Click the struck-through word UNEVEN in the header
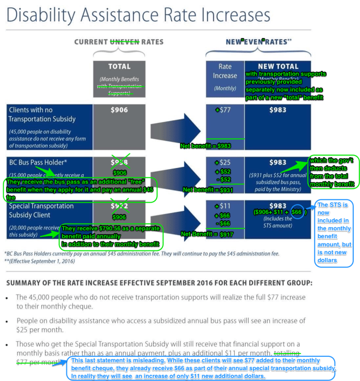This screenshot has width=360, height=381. click(125, 42)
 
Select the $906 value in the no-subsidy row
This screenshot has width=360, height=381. click(119, 110)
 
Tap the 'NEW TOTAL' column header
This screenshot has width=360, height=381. click(278, 66)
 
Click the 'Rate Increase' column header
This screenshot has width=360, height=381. click(225, 71)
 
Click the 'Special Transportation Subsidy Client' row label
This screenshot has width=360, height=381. click(41, 210)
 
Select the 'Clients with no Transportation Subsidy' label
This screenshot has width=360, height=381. click(42, 114)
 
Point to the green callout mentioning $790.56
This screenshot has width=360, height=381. click(111, 236)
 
